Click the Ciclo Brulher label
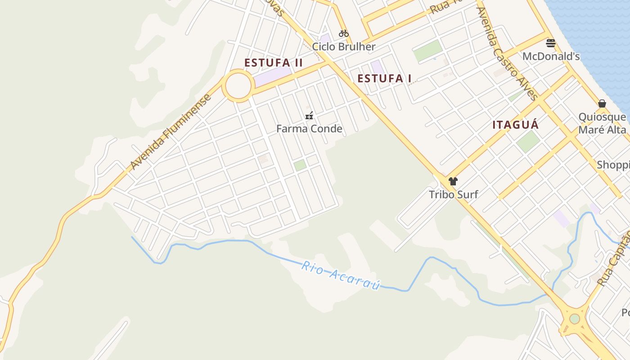[x=343, y=47]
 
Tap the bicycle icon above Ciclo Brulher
[x=344, y=33]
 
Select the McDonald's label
[x=551, y=56]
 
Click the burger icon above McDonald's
[x=551, y=43]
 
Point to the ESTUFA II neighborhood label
[x=274, y=63]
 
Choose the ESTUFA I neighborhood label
[x=384, y=78]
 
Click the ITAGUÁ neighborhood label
[x=515, y=125]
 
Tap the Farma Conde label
[x=309, y=129]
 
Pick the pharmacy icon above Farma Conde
[x=309, y=116]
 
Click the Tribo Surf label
[x=453, y=194]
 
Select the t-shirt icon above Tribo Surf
[x=453, y=181]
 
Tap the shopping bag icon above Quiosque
[x=602, y=103]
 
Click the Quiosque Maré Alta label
[x=602, y=123]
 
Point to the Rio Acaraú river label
[x=341, y=274]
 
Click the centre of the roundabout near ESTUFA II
[x=238, y=85]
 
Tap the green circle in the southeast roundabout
[x=575, y=319]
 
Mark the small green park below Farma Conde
[x=300, y=165]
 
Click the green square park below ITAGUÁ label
[x=528, y=141]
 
